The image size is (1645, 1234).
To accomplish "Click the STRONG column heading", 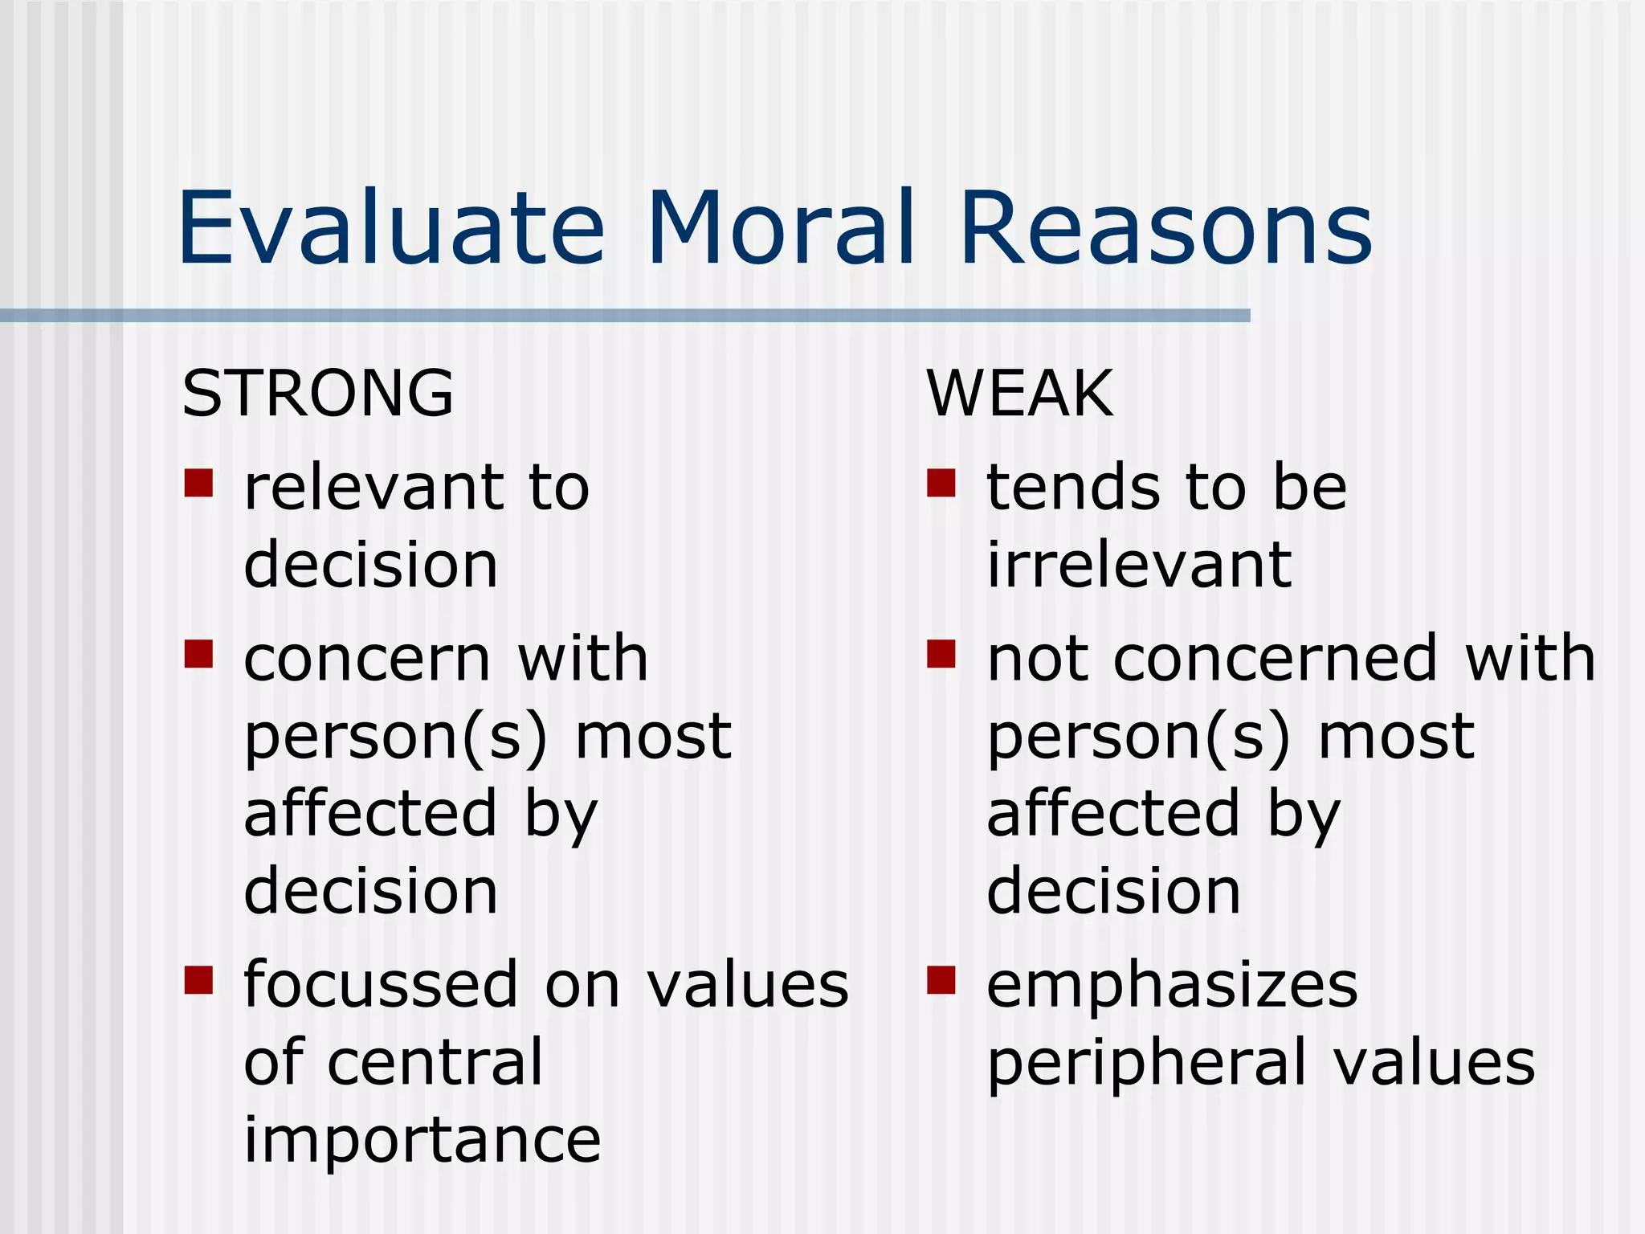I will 318,394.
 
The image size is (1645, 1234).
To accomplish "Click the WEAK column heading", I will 1019,394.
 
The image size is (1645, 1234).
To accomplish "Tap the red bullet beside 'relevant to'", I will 198,483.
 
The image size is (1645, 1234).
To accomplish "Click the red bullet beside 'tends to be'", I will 941,483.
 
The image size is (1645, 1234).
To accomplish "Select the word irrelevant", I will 1139,565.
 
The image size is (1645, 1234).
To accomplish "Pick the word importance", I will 422,1139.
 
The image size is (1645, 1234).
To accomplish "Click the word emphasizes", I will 1172,986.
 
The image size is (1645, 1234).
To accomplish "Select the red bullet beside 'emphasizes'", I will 941,980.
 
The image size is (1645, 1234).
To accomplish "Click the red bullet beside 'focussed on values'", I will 198,980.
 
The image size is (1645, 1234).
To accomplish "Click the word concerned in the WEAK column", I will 1275,659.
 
